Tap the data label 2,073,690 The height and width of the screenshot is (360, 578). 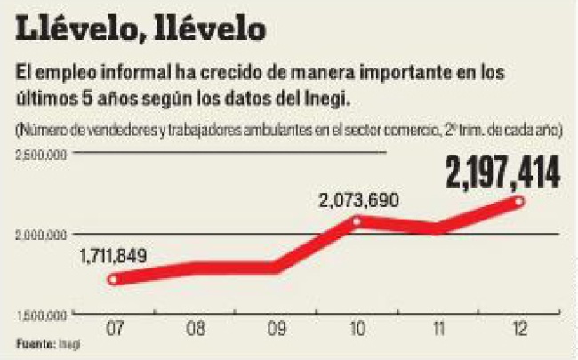click(357, 202)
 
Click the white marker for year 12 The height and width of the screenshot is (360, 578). click(519, 202)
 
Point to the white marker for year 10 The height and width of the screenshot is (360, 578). click(357, 221)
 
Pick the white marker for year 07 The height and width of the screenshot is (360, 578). click(113, 279)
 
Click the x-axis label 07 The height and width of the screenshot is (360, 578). click(113, 330)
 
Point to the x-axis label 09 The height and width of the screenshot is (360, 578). click(276, 330)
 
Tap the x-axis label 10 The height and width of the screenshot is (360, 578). click(357, 330)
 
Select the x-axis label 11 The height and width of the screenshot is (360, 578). click(438, 330)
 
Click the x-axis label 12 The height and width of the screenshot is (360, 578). click(519, 330)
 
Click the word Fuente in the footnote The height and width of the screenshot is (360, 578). click(33, 343)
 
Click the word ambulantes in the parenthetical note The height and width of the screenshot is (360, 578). click(271, 131)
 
